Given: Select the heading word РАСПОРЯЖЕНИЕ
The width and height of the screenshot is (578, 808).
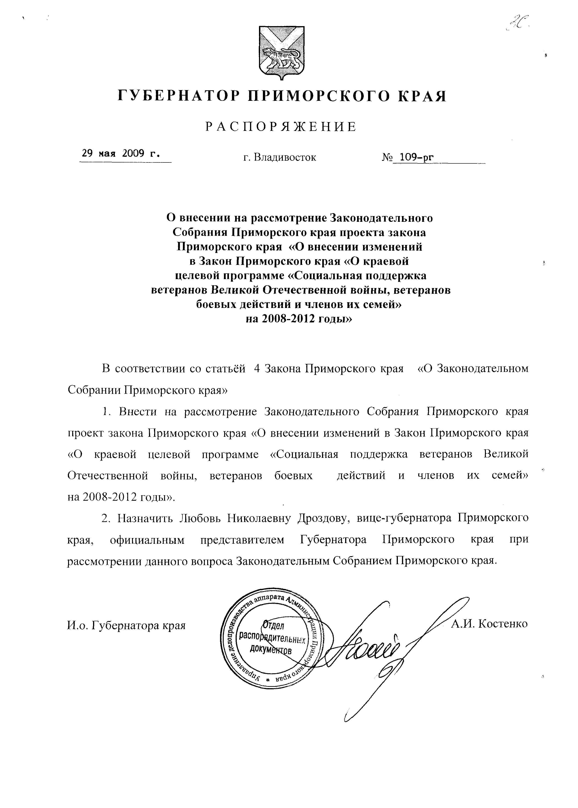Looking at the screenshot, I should (281, 127).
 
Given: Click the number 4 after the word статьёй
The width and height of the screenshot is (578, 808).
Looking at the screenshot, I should (257, 368).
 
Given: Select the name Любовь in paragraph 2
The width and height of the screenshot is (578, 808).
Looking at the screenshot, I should (201, 518).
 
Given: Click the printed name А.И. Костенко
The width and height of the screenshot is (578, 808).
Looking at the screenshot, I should (489, 623).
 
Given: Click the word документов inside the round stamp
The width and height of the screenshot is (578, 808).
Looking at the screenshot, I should (270, 649).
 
